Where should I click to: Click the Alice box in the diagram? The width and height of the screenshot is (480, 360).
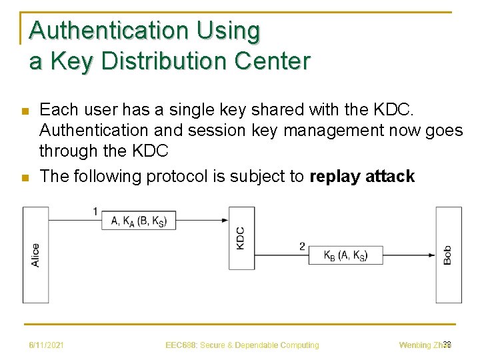[x=35, y=255]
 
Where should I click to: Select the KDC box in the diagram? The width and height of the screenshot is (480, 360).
[x=241, y=238]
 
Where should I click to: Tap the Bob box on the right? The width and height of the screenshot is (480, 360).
[x=448, y=255]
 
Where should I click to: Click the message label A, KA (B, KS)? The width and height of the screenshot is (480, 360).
[x=139, y=221]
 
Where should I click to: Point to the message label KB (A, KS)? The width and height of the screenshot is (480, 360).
[x=345, y=255]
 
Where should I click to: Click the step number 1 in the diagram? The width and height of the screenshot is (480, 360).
[x=95, y=211]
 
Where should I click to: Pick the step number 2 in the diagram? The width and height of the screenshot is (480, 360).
[x=302, y=246]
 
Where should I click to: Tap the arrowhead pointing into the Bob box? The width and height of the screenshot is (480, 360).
[x=431, y=255]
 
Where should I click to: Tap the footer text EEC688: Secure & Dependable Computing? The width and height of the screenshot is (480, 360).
[x=242, y=345]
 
